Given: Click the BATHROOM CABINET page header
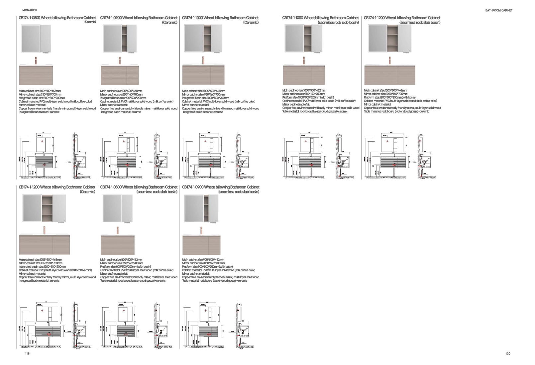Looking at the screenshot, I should pyautogui.click(x=499, y=10).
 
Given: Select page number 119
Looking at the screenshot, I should pyautogui.click(x=27, y=354).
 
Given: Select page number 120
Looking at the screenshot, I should pyautogui.click(x=507, y=354).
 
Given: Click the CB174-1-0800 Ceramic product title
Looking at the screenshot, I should pyautogui.click(x=57, y=18).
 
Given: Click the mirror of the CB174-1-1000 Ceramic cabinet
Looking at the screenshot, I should pyautogui.click(x=194, y=38).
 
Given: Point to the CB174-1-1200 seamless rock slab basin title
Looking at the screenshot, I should pyautogui.click(x=402, y=18).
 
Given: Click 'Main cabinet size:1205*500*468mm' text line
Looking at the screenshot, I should pyautogui.click(x=40, y=260).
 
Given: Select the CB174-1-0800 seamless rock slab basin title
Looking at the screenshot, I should pyautogui.click(x=139, y=187).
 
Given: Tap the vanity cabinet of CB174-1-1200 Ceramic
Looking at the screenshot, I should pyautogui.click(x=45, y=245).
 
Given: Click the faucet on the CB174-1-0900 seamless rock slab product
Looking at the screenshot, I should pyautogui.click(x=202, y=230).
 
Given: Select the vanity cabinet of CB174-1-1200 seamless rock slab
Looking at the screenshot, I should pyautogui.click(x=389, y=75).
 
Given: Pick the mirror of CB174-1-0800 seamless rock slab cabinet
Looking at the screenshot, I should pyautogui.click(x=112, y=208).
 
